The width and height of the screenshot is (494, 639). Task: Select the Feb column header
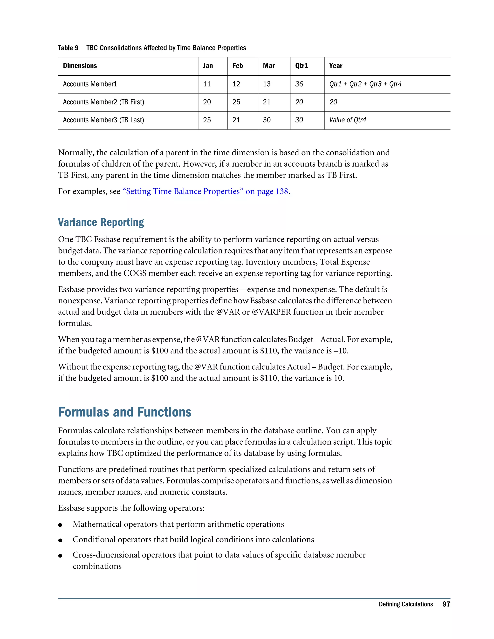pos(237,66)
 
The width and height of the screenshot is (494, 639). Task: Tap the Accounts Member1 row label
pos(90,84)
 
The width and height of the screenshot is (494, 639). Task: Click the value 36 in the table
pos(299,84)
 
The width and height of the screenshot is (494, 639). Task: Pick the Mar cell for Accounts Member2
pos(266,102)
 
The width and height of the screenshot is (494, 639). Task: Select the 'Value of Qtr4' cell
pos(347,120)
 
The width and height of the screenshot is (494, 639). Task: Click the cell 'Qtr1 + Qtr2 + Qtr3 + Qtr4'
pos(365,84)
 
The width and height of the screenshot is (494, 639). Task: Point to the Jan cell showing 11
pos(207,84)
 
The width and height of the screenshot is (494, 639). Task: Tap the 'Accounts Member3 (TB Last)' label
pos(103,120)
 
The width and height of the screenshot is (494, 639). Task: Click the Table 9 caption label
pos(68,48)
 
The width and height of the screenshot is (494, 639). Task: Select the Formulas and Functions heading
pos(125,412)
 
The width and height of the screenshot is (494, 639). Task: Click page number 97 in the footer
pos(446,604)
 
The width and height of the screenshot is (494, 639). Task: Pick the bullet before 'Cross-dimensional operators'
pos(60,556)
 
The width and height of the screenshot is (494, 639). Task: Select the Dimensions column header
pos(80,66)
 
